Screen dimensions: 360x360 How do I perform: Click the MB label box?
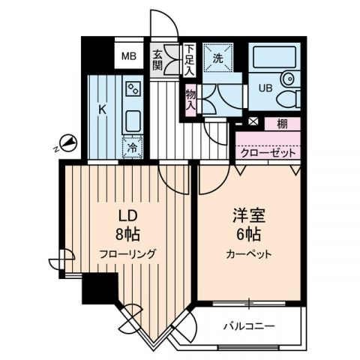130,55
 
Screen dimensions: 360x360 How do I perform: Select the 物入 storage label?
190,100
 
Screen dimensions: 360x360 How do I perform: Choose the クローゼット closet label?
268,152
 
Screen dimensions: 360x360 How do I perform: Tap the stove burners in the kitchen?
133,89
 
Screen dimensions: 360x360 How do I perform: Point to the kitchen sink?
133,120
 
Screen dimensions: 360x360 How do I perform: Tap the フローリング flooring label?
128,254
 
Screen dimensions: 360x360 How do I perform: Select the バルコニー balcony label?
249,327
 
